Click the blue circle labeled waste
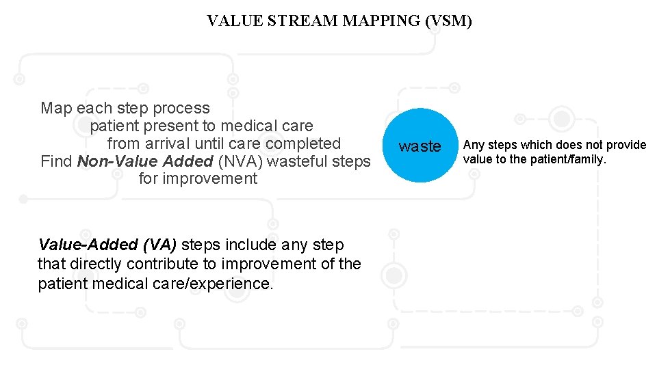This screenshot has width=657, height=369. (x=420, y=146)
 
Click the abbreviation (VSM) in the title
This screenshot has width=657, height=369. (x=448, y=21)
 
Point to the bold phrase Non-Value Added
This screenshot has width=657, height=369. (x=145, y=161)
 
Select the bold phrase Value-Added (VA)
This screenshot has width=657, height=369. (x=107, y=245)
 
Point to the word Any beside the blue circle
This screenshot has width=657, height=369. (x=474, y=145)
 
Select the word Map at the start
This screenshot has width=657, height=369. (x=56, y=108)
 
